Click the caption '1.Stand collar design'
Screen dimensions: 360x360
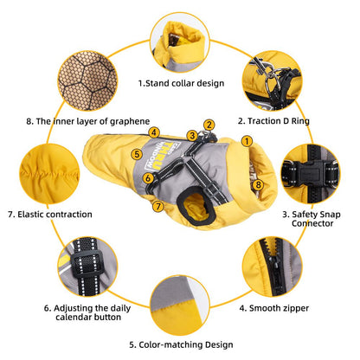(181, 84)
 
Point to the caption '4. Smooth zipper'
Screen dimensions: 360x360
(274, 306)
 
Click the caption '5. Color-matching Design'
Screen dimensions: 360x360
(180, 344)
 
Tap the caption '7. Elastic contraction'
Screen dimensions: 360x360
(46, 214)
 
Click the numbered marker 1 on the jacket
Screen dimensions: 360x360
(247, 140)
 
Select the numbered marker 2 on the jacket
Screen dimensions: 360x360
(209, 125)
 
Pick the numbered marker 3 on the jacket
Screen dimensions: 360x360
(191, 135)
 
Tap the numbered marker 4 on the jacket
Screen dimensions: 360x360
(154, 132)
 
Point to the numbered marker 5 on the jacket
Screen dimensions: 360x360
(137, 154)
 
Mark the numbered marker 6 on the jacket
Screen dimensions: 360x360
(148, 178)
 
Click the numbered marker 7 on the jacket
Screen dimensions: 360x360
(157, 206)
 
